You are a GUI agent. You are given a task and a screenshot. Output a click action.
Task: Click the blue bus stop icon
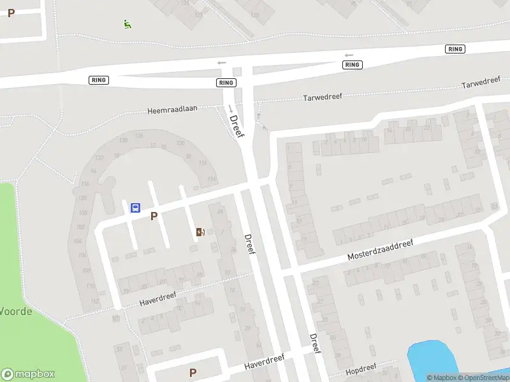(135, 208)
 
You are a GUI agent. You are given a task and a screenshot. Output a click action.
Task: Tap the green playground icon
(127, 24)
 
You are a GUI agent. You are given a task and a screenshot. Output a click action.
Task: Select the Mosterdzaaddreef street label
(380, 250)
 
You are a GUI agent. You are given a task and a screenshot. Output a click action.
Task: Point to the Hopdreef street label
(361, 369)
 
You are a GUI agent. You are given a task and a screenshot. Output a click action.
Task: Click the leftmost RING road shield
(99, 80)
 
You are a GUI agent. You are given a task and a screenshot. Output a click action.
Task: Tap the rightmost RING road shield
(455, 49)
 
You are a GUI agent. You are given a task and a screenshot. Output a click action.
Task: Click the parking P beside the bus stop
(154, 216)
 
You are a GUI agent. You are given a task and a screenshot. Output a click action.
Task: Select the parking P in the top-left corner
(11, 13)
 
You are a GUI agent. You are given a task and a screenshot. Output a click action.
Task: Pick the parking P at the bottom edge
(193, 372)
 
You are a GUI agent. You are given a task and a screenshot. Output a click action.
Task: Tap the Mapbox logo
(28, 374)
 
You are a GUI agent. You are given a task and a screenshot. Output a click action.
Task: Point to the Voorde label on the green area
(16, 311)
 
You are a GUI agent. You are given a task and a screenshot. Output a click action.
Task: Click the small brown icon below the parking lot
(200, 232)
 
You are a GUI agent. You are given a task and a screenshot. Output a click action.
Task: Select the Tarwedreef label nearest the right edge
(481, 83)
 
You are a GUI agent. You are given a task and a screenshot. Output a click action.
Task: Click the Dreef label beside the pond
(314, 344)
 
